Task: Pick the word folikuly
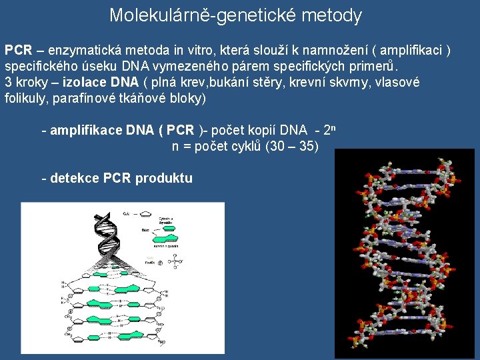tap(23, 99)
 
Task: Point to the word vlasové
tap(397, 83)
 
